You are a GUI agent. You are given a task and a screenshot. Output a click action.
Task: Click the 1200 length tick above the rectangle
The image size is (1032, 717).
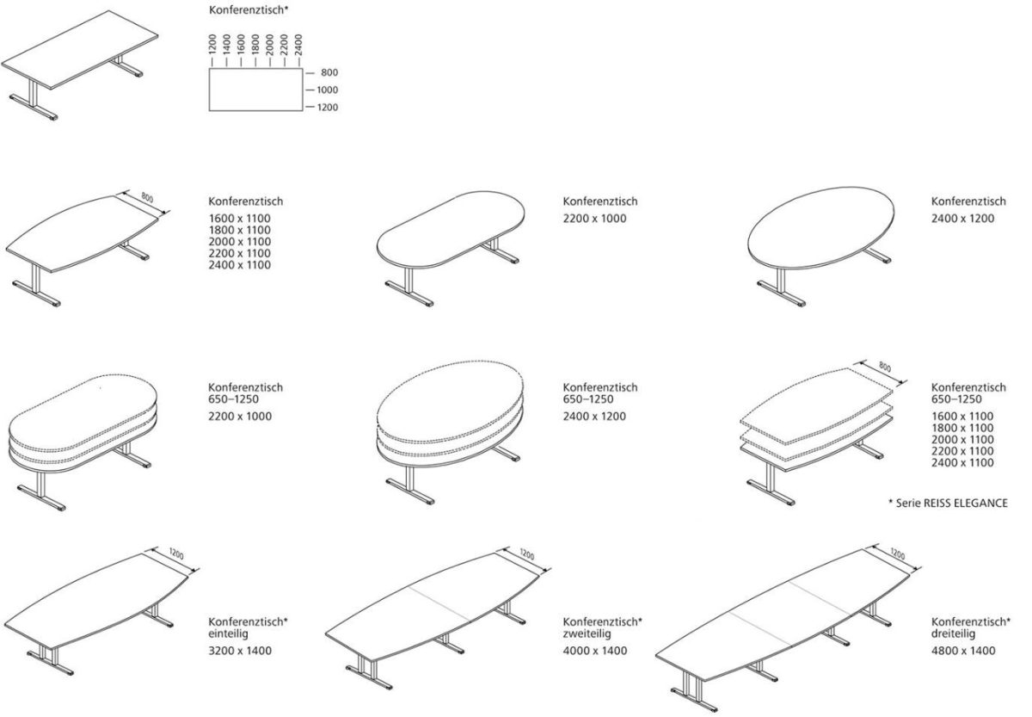212,44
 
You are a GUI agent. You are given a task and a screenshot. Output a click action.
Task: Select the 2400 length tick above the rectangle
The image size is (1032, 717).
298,44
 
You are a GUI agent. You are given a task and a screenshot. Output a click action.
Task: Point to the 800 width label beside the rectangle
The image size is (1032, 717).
329,72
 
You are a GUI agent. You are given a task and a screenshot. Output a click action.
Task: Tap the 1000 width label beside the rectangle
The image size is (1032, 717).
327,90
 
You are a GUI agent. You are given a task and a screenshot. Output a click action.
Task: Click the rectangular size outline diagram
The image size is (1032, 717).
255,90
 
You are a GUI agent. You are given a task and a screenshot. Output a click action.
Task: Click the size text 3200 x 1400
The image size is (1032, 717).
240,651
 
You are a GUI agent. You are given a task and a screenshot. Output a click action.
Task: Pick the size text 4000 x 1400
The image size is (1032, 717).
595,651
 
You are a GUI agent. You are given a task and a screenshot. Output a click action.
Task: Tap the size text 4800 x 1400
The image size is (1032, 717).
963,651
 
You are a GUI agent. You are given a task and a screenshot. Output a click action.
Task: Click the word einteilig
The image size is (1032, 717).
229,634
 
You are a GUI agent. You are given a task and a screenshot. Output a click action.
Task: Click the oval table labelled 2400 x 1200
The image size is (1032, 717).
820,247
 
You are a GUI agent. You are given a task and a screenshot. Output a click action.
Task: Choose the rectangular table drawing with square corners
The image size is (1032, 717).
80,65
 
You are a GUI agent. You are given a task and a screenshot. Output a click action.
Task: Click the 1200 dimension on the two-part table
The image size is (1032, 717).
526,553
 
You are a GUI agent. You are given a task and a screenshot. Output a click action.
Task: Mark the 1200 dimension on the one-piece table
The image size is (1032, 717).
176,553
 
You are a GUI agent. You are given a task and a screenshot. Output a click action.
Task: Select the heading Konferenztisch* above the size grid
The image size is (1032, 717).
249,10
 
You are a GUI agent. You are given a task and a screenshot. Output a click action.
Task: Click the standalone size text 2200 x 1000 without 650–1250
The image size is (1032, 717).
595,219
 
